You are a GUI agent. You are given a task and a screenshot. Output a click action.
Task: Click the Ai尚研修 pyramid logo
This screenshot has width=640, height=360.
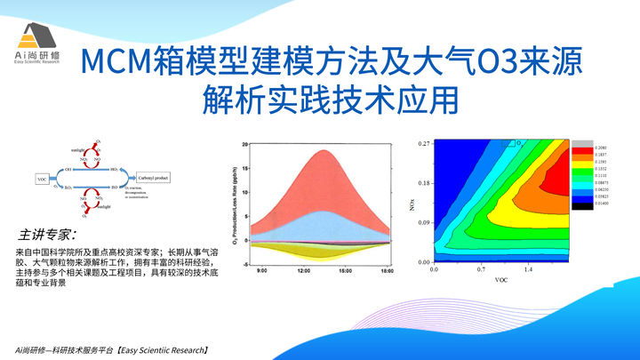(x=36, y=35)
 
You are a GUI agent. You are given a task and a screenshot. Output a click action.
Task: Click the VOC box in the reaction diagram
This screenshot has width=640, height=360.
(x=42, y=180)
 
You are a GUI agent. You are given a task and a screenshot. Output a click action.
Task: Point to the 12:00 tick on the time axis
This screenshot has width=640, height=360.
(x=302, y=269)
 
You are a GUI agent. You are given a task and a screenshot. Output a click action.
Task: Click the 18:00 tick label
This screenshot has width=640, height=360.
(x=387, y=269)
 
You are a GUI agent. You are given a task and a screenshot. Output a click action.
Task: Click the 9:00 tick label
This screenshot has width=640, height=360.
(x=260, y=269)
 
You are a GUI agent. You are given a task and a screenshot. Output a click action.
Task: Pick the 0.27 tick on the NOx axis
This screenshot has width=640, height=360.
(x=424, y=143)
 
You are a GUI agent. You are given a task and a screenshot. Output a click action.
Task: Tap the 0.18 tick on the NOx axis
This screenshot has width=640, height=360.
(x=424, y=183)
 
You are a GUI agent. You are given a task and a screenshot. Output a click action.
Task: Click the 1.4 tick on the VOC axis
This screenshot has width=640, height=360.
(x=528, y=268)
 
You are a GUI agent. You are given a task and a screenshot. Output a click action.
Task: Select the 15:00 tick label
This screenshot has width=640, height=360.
(x=345, y=269)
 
